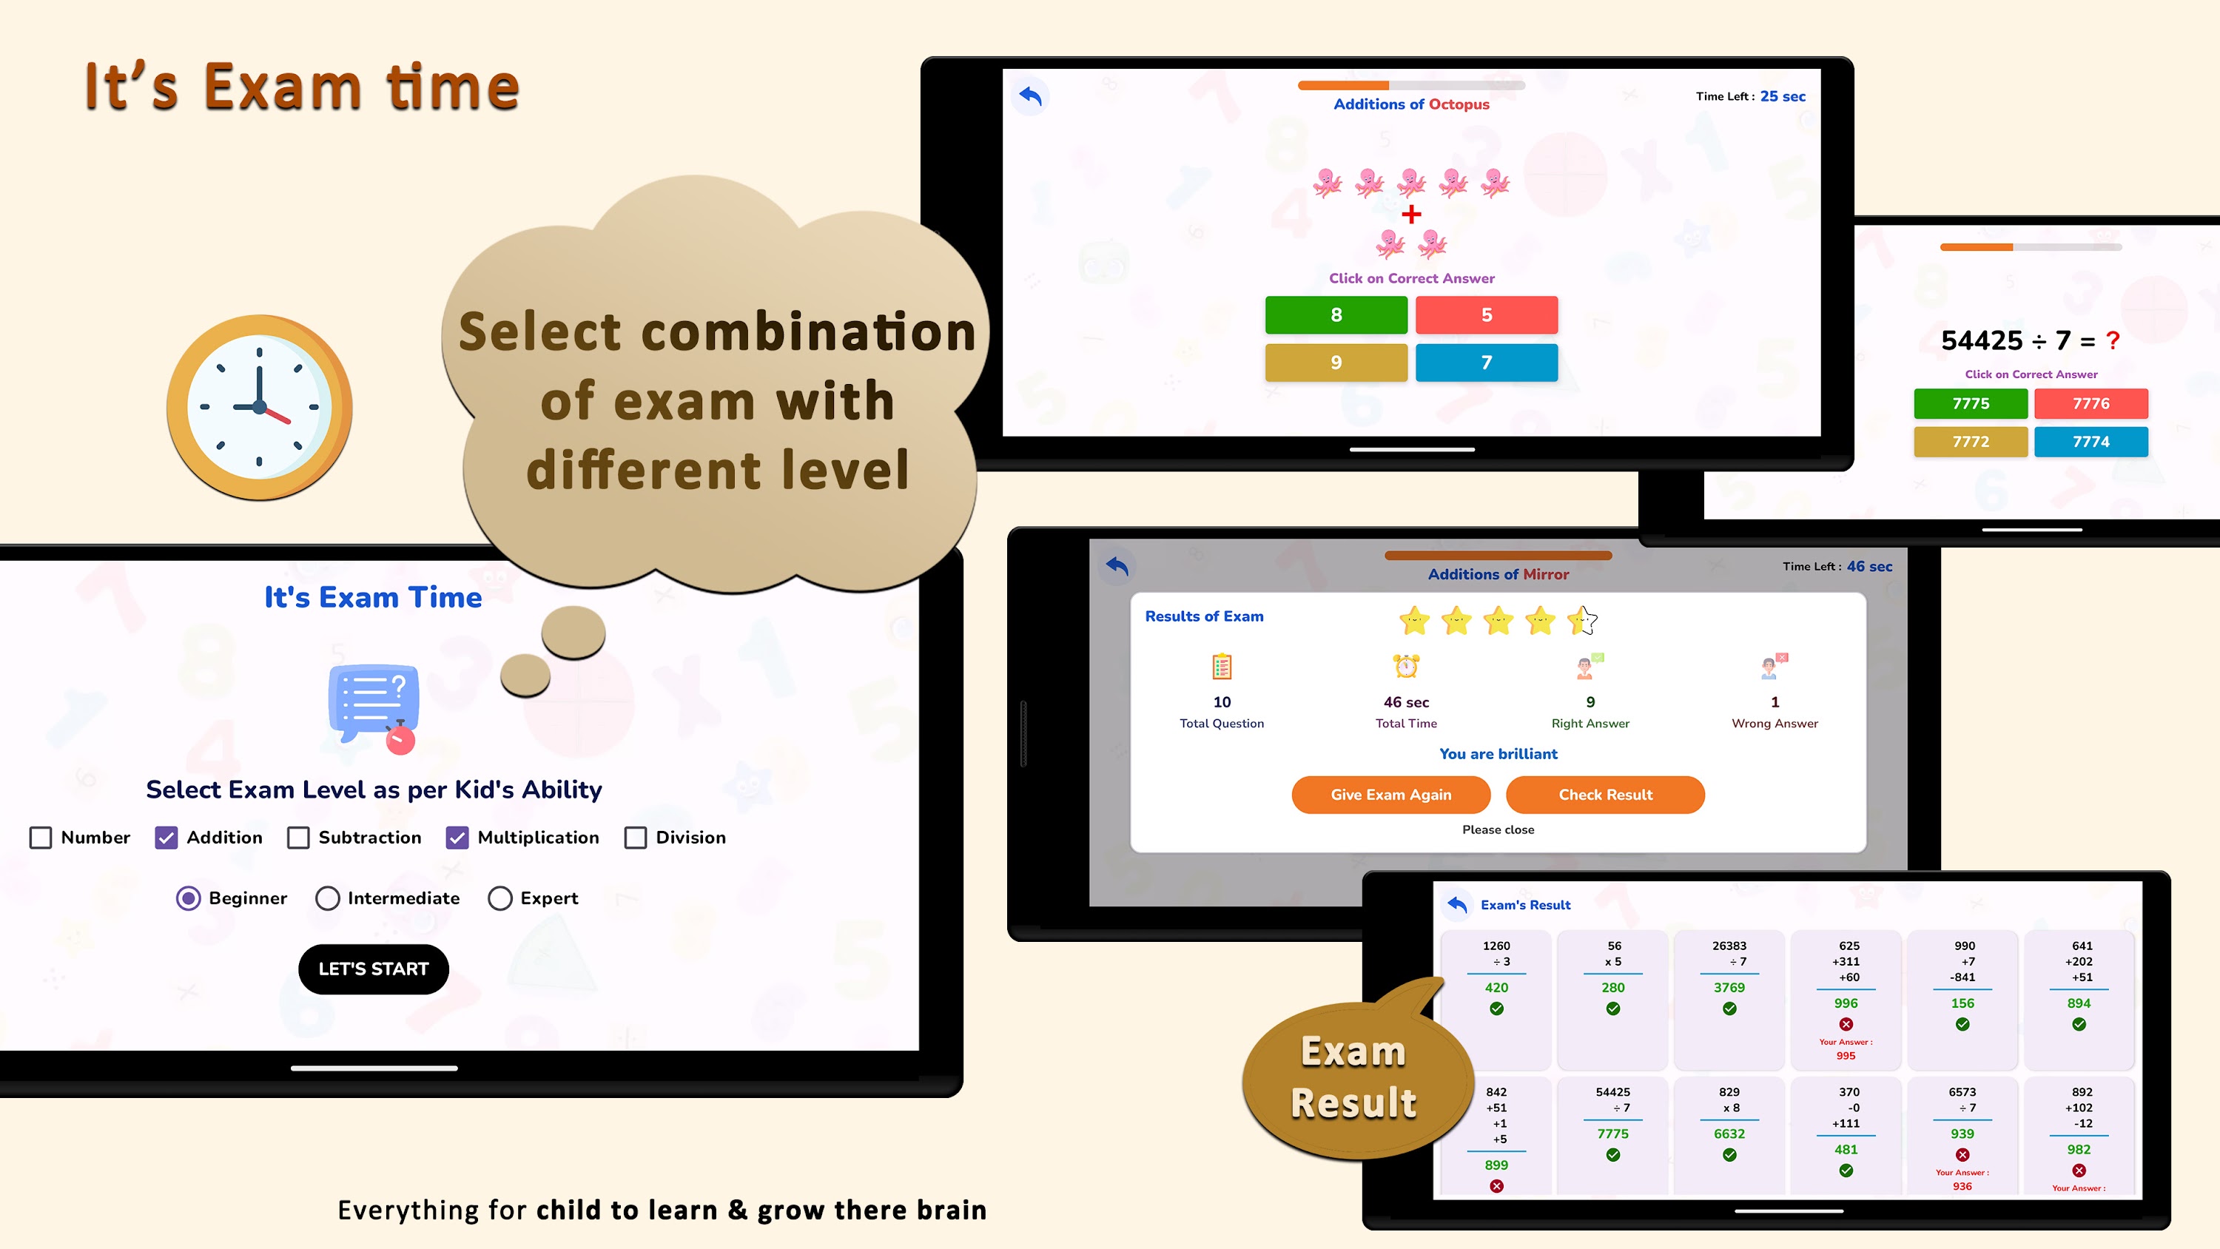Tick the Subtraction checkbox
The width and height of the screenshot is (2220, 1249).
tap(298, 837)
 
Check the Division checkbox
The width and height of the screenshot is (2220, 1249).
tap(635, 837)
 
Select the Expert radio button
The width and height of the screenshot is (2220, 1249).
tap(499, 898)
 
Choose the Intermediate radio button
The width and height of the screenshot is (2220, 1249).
tap(328, 898)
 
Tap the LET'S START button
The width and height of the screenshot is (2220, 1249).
tap(373, 969)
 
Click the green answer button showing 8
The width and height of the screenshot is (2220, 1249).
tap(1336, 314)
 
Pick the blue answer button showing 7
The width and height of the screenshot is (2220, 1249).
tap(1487, 362)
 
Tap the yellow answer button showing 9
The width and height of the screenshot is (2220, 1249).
tap(1336, 362)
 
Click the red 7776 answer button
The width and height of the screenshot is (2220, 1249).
tap(2090, 403)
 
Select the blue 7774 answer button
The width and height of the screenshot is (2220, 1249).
tap(2090, 441)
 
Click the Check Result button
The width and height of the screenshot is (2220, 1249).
tap(1604, 794)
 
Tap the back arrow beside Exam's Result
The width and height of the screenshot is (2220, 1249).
tap(1456, 904)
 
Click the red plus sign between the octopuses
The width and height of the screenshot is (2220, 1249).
tap(1410, 214)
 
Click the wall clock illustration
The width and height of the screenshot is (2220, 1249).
tap(260, 407)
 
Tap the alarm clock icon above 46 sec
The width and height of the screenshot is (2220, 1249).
tap(1407, 665)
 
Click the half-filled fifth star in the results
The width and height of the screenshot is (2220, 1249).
tap(1582, 620)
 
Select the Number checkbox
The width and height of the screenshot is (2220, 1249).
tap(41, 837)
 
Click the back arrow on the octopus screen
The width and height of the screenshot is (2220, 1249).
tap(1030, 95)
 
